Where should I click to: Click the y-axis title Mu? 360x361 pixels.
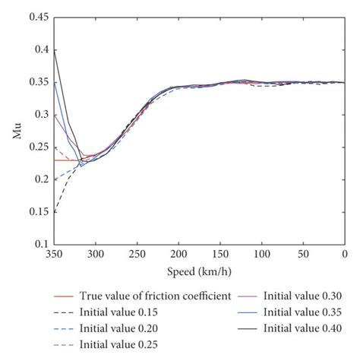pos(16,130)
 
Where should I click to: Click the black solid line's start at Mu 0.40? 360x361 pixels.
pos(53,49)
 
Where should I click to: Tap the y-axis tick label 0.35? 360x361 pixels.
pos(36,82)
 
